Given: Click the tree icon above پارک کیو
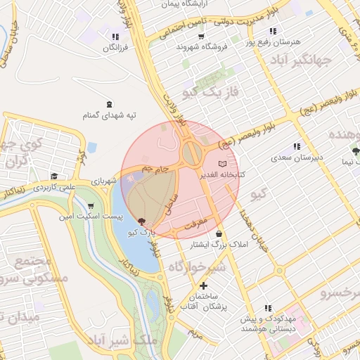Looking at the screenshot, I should click(x=142, y=221).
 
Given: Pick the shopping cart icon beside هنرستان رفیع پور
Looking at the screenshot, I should click(x=274, y=31).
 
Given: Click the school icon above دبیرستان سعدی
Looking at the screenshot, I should click(x=297, y=146).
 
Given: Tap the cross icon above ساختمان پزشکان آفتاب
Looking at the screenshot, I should click(x=204, y=286).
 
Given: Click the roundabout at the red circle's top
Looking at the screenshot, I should click(x=190, y=150).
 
